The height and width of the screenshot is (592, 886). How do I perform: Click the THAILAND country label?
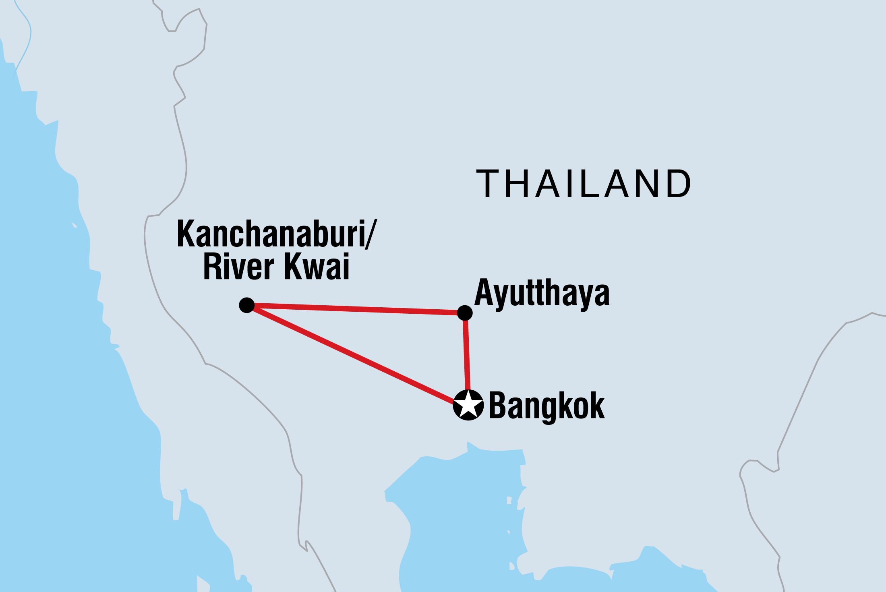(x=584, y=184)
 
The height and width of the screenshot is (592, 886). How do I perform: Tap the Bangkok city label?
(x=547, y=406)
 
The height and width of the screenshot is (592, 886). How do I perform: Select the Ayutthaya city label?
(x=542, y=294)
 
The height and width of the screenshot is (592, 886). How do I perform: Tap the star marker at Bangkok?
(x=468, y=405)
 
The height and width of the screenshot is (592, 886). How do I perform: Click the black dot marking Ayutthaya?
(x=465, y=313)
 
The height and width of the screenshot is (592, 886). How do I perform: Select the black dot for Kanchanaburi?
(x=246, y=305)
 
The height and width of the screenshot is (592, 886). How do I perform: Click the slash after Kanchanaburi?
(x=371, y=234)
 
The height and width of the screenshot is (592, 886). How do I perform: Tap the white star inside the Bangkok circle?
(x=468, y=404)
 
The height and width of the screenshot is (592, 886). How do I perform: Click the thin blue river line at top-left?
(x=28, y=36)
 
